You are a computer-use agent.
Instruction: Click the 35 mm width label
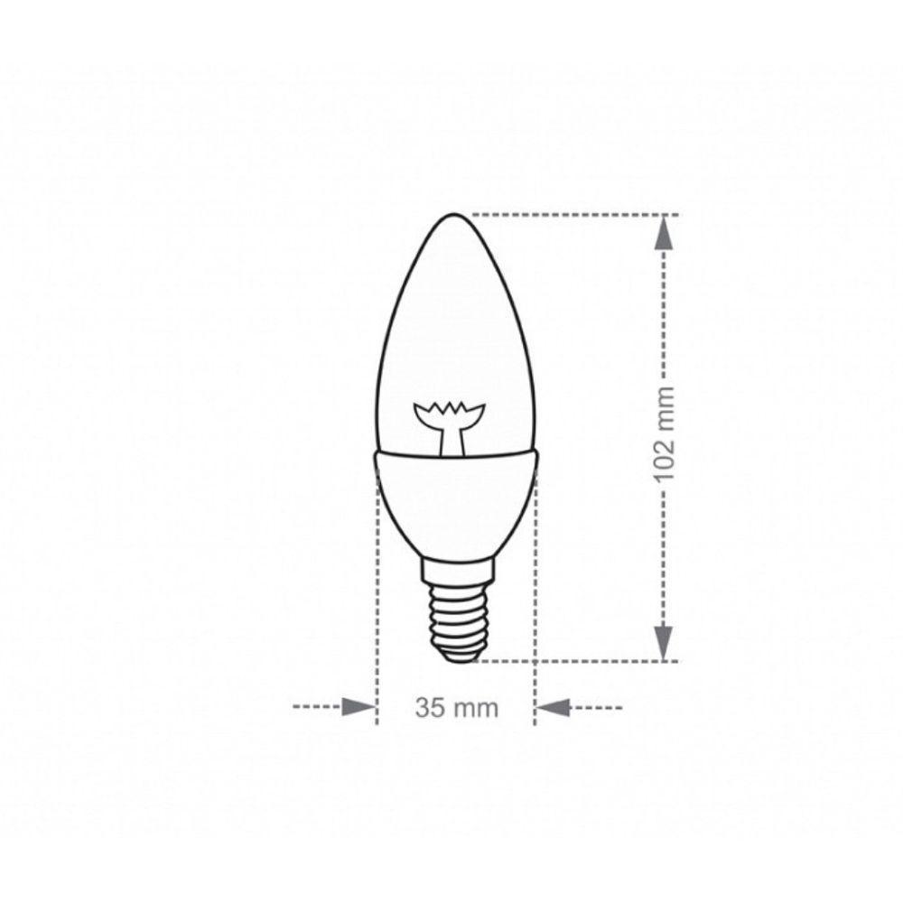pos(456,708)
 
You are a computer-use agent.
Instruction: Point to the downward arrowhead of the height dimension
pos(665,641)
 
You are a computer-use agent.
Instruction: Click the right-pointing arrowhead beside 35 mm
pos(358,707)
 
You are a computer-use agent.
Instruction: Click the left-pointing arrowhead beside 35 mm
pos(554,707)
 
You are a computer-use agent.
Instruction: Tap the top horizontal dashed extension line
pos(569,215)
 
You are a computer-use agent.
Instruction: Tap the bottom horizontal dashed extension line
pos(569,661)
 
